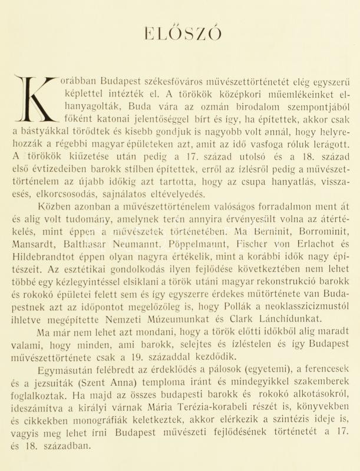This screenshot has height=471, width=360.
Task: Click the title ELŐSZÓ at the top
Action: pyautogui.click(x=182, y=34)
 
